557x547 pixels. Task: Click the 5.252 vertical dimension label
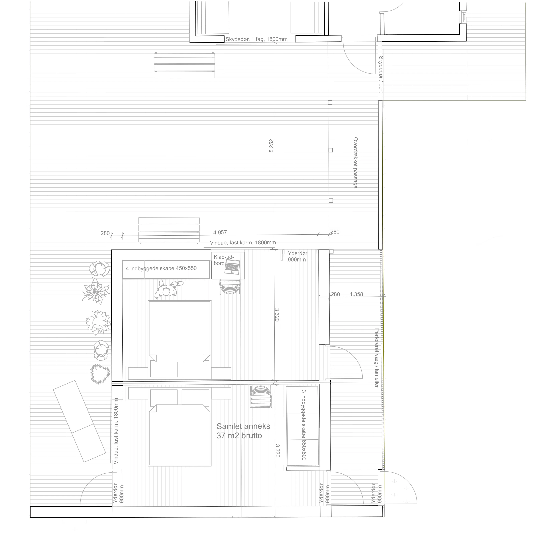pos(271,145)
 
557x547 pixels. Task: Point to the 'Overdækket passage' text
pos(355,163)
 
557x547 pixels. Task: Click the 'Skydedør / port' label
pos(381,74)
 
